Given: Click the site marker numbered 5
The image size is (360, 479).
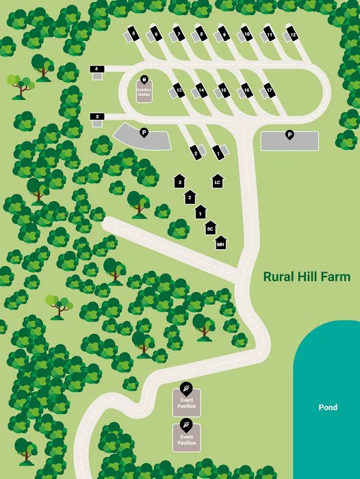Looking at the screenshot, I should click(133, 34).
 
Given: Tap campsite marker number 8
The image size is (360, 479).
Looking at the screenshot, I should click(201, 34).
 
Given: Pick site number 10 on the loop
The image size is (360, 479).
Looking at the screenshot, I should click(246, 34).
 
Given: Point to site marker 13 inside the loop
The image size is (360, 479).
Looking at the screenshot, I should click(178, 90).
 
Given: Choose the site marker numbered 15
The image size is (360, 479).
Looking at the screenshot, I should click(224, 90).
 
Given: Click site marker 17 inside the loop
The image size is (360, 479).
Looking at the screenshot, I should click(270, 90).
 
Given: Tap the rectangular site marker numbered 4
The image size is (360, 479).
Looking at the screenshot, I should click(97, 69).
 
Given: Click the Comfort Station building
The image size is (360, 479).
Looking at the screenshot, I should click(144, 92).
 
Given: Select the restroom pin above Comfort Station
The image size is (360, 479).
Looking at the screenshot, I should click(144, 79).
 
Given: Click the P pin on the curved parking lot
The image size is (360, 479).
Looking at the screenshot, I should click(144, 131).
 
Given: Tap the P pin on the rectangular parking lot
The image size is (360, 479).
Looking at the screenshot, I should click(290, 134).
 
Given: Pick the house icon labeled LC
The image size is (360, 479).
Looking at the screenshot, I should click(217, 181).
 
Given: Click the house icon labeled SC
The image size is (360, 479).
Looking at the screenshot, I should click(211, 229).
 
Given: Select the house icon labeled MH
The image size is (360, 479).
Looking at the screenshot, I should click(220, 243).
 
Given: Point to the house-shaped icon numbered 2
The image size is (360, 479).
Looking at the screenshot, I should click(190, 197).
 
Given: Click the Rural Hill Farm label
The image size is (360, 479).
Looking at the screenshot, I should click(307, 277).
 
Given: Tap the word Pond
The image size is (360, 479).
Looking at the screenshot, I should click(328, 407).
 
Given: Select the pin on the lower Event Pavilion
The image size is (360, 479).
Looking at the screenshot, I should click(187, 424).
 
